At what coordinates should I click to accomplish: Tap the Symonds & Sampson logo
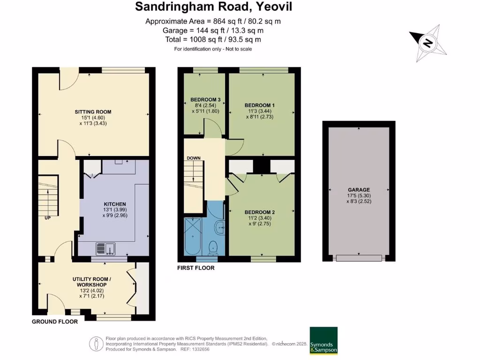[x=323, y=341]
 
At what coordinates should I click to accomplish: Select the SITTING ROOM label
[x=93, y=112]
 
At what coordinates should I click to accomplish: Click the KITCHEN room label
[x=115, y=204]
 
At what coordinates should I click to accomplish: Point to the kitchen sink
[x=105, y=248]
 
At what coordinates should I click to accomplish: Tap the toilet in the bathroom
[x=213, y=247]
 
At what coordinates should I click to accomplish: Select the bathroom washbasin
[x=220, y=228]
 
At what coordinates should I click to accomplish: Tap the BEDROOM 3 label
[x=205, y=99]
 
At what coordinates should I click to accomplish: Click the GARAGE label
[x=359, y=184]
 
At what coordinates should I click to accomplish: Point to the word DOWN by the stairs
[x=194, y=158]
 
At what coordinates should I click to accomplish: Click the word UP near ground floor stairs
[x=47, y=218]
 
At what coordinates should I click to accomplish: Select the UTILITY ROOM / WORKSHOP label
[x=90, y=282]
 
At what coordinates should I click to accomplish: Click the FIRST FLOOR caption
[x=195, y=268]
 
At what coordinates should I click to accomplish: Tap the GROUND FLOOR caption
[x=54, y=322]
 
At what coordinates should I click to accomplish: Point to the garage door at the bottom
[x=359, y=258]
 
